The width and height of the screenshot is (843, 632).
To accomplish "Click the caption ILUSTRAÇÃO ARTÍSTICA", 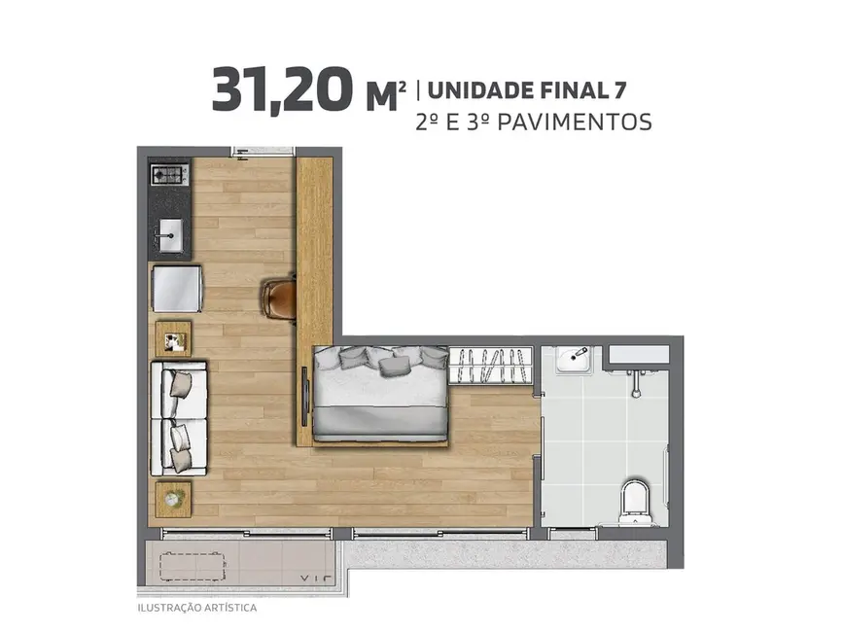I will click(196, 608).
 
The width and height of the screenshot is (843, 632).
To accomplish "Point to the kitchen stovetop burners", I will click(169, 176).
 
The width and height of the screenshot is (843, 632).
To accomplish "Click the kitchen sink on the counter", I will click(170, 234).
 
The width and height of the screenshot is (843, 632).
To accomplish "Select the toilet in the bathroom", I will click(634, 495).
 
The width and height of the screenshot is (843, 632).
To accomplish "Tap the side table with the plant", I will click(174, 497).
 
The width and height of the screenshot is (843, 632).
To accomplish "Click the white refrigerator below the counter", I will click(176, 288).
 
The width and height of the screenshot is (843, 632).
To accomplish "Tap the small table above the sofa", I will click(174, 338).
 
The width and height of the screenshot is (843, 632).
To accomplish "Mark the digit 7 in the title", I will click(619, 91).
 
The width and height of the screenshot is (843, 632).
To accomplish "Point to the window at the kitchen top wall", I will click(263, 151).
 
